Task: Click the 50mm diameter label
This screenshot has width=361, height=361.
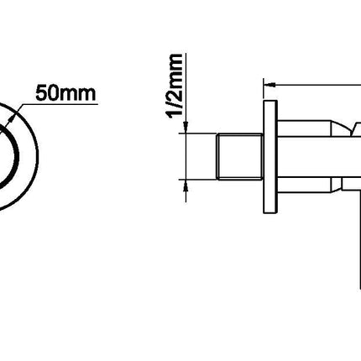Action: pyautogui.click(x=65, y=93)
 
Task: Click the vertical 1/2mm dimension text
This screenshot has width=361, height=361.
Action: pyautogui.click(x=175, y=86)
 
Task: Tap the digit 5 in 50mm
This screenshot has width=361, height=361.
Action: pyautogui.click(x=41, y=93)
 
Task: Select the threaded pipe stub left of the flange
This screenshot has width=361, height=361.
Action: pyautogui.click(x=240, y=156)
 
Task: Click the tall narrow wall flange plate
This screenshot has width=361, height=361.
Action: pyautogui.click(x=270, y=157)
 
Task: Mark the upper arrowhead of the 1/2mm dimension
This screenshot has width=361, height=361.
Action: pyautogui.click(x=186, y=128)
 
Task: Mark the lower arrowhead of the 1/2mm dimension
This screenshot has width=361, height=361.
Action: pyautogui.click(x=186, y=186)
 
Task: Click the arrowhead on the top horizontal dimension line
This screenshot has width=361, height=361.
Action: pyautogui.click(x=270, y=84)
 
